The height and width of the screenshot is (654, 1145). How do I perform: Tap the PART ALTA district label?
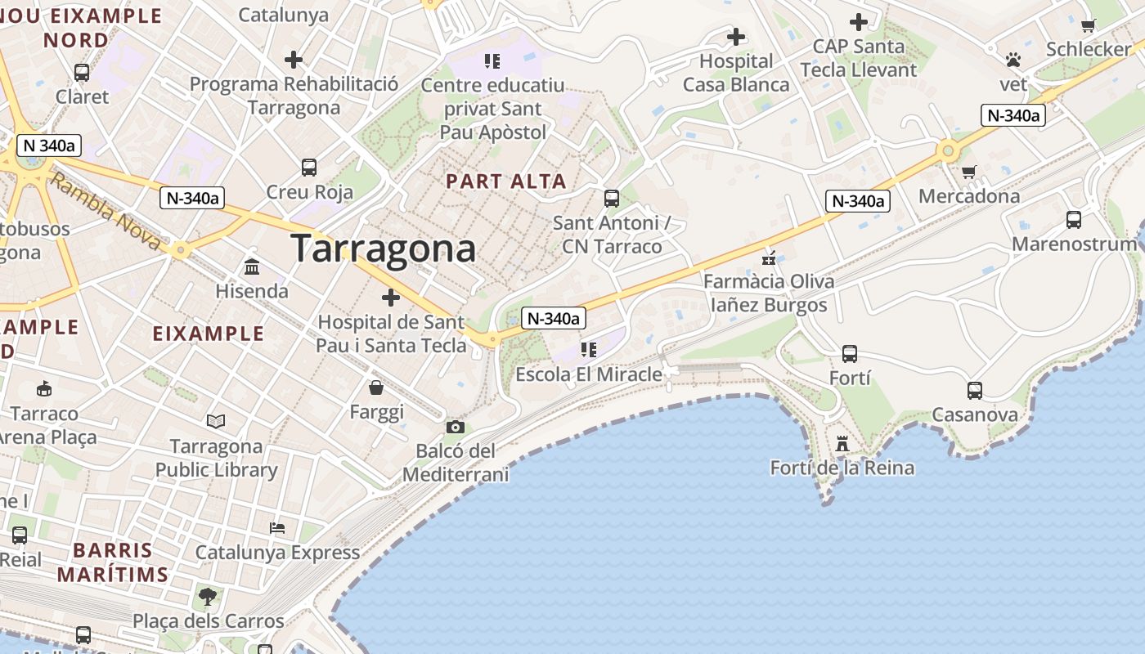506,181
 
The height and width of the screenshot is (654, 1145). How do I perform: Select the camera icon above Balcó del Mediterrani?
456,427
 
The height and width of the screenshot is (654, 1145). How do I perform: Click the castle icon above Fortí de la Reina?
842,444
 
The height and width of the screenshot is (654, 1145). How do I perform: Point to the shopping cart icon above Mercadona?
969,172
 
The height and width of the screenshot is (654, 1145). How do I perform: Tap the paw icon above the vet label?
1013,60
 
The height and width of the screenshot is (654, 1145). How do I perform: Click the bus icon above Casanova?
975,390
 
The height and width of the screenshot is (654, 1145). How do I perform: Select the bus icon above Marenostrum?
1074,219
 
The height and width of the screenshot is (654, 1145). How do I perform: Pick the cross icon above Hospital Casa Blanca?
736,37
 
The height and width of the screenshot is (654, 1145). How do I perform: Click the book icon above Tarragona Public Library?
216,421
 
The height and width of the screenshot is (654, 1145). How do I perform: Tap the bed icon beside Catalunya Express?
277,528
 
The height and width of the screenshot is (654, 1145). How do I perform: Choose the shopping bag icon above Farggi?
376,387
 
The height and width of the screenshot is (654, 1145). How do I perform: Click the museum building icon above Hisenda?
252,267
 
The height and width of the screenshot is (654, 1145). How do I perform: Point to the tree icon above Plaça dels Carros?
208,596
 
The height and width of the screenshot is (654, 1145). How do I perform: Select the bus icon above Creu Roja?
309,168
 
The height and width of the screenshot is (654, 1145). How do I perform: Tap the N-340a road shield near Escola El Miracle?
553,319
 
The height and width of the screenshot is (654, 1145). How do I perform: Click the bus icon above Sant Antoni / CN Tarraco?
612,198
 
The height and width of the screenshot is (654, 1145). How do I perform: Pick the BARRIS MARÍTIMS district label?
113,562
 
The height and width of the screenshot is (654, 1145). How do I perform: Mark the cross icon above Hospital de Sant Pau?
391,297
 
